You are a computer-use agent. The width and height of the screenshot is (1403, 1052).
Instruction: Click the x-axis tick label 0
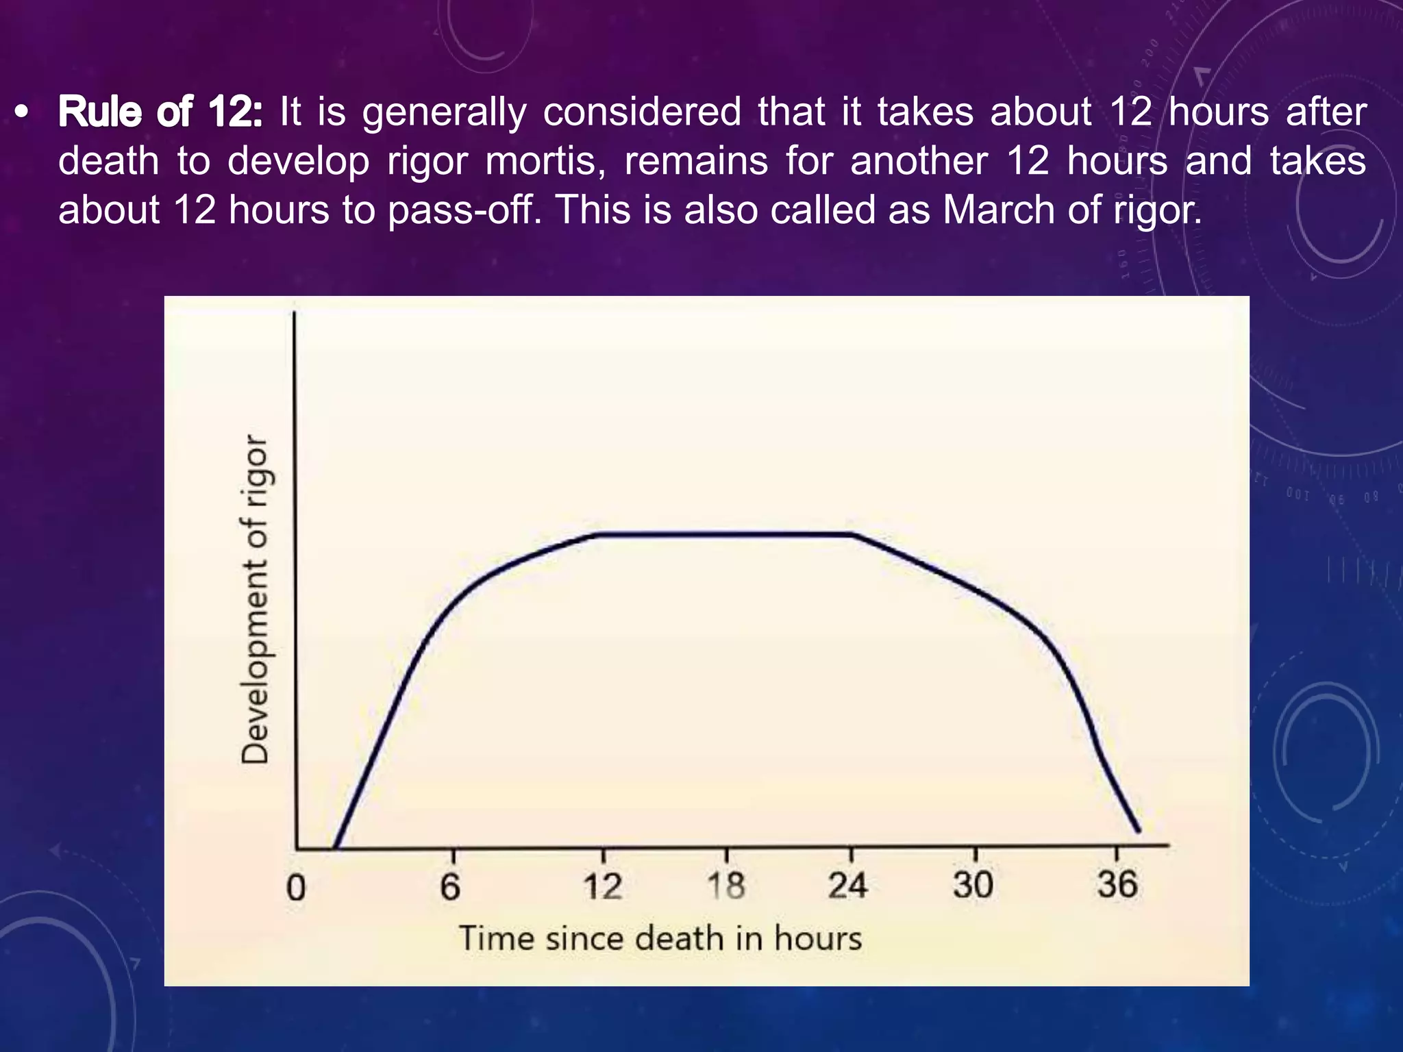296,888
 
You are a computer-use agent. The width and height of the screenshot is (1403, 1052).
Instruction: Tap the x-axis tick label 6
450,887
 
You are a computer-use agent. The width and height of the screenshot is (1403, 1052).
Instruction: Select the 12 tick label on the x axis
603,886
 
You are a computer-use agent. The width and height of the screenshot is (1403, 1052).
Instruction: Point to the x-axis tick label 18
726,886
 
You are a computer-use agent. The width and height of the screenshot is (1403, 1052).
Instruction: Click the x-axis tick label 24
848,885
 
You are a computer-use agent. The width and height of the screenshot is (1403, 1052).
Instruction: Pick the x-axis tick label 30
973,884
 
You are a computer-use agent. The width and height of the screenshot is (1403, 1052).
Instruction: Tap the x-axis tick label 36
1117,884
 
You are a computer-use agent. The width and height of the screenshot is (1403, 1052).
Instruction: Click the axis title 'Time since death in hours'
660,938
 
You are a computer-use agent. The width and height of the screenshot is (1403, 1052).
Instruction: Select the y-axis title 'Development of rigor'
255,599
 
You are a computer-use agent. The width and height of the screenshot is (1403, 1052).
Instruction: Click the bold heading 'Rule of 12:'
160,112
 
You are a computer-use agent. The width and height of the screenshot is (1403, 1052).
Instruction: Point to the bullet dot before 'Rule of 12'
23,113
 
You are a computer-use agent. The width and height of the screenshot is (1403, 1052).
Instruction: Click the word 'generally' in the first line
445,113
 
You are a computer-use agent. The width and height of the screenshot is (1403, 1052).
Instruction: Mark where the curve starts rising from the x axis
336,848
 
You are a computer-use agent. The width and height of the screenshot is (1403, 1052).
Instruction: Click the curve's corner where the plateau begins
599,534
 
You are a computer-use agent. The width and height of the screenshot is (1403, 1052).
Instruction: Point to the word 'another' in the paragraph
919,161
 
